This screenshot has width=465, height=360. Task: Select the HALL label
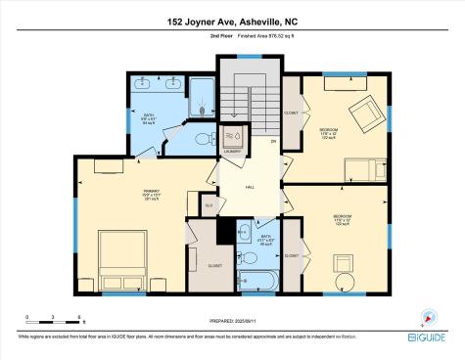click(x=250, y=187)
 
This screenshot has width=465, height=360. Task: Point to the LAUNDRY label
click(x=232, y=152)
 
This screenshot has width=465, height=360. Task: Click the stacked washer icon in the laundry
click(x=233, y=136)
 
